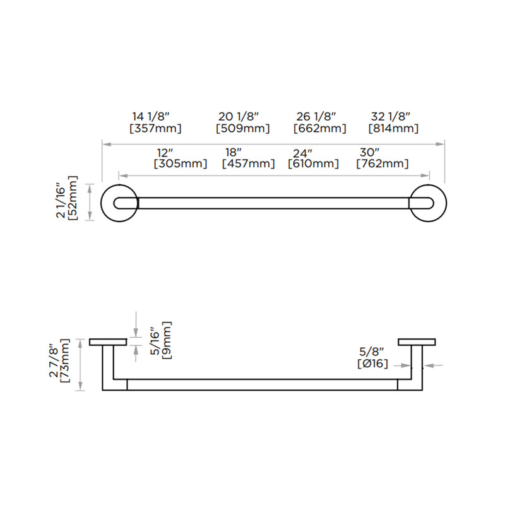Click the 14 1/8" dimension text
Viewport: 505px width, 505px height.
coord(151,116)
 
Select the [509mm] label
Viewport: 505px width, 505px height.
coord(243,129)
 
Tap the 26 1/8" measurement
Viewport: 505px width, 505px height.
coord(316,116)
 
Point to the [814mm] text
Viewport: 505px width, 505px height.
coord(394,129)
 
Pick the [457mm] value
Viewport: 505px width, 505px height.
coord(249,164)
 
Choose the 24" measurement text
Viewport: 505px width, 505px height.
coord(303,153)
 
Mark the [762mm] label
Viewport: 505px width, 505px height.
coord(382,164)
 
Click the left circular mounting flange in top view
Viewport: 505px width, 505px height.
coord(117,203)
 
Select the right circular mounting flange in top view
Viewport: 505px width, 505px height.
coord(428,203)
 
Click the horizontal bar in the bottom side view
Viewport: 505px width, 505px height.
coord(262,384)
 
